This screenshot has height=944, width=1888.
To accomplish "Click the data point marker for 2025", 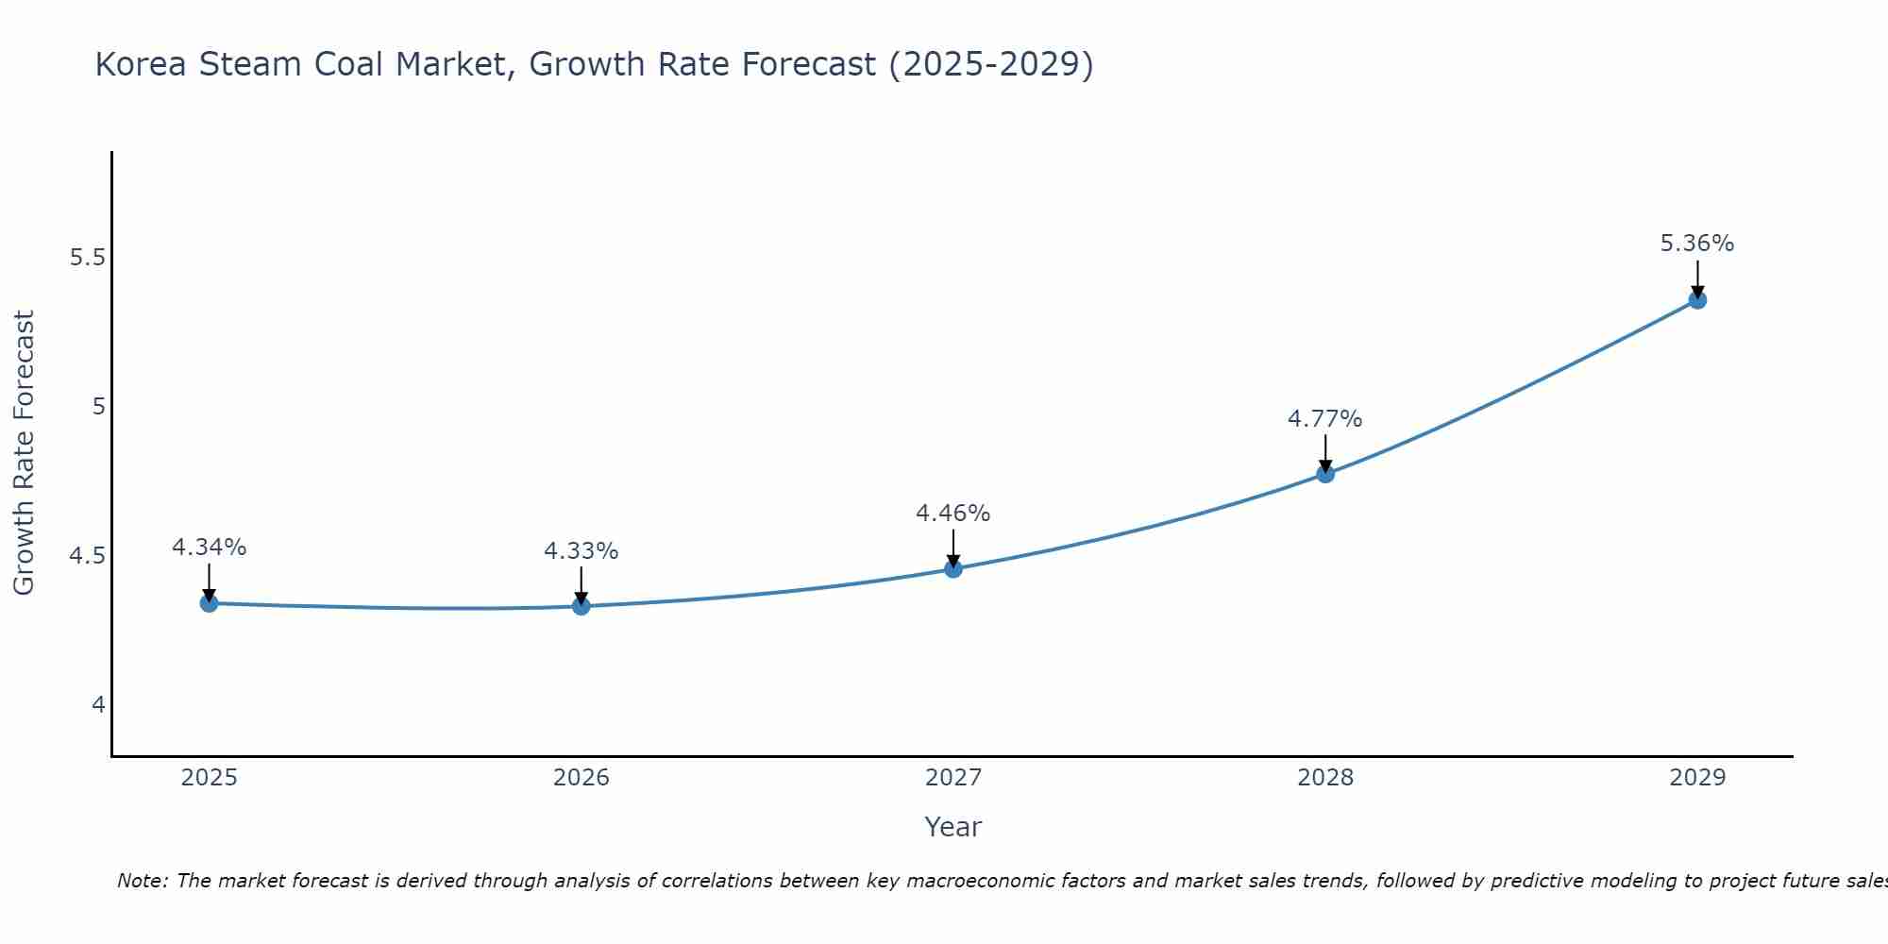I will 210,603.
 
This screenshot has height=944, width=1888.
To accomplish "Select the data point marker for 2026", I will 582,606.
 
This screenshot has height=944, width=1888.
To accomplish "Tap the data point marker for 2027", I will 953,568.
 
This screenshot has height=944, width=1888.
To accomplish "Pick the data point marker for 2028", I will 1325,474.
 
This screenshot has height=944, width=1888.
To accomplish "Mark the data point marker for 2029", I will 1697,300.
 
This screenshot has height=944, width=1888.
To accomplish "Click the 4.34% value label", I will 210,548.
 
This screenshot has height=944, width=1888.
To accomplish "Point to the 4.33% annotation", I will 582,551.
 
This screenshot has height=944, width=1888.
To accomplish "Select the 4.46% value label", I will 953,514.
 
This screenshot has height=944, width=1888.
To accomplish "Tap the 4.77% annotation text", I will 1325,419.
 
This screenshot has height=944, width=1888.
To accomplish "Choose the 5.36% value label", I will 1697,244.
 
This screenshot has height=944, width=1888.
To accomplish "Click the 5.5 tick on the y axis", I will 88,258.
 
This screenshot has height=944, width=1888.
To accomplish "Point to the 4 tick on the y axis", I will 98,705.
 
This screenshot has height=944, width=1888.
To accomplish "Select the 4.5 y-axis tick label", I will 88,556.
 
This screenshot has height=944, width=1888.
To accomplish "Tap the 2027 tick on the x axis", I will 953,778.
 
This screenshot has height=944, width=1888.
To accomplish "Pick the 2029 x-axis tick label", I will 1697,778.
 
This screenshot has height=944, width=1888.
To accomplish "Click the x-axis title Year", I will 953,827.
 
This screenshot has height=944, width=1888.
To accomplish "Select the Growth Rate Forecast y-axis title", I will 25,453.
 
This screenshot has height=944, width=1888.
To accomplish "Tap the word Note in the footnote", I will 142,881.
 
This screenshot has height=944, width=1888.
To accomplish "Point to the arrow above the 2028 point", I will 1325,453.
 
